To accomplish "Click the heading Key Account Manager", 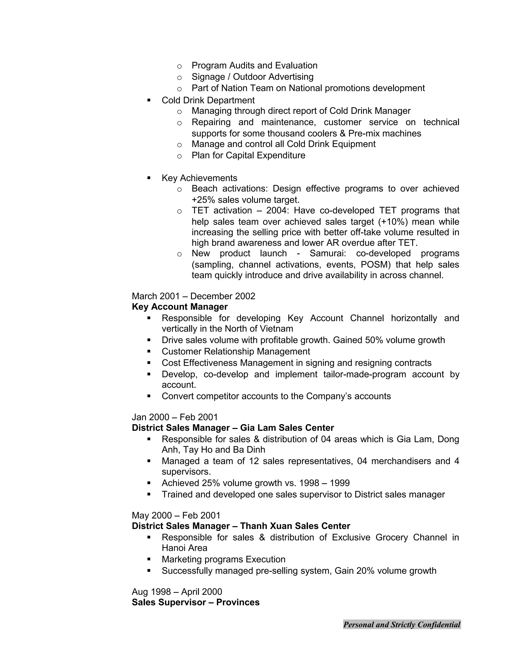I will [x=179, y=307].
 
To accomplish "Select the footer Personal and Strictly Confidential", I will [x=402, y=625].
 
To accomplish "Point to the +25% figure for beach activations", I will [x=202, y=200].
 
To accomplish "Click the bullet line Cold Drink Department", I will [x=208, y=100].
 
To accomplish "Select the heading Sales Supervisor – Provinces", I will [x=195, y=602].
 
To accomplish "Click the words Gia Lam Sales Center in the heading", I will [x=287, y=428].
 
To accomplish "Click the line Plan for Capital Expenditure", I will [x=248, y=155].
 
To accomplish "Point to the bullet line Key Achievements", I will [x=199, y=178].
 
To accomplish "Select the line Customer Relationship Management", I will [x=236, y=352].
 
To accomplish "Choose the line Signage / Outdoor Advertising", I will [x=253, y=77].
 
